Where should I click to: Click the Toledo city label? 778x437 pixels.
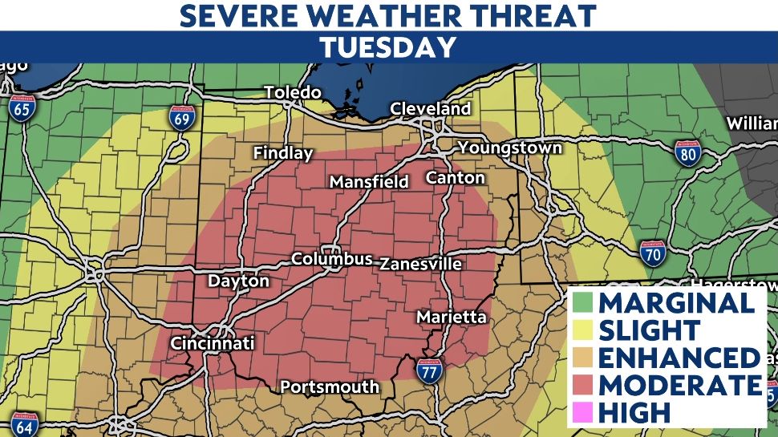(293, 92)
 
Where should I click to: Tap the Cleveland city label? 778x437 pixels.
(430, 108)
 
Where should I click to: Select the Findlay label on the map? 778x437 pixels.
(282, 152)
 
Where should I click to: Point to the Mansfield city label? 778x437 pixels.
(369, 182)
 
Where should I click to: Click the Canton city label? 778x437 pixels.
(455, 177)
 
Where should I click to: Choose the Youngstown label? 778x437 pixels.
(509, 148)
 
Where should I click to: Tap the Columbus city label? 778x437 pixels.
(331, 259)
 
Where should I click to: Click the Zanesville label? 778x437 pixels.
(420, 264)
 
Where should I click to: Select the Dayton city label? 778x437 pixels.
(238, 281)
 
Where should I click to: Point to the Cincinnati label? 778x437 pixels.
(212, 343)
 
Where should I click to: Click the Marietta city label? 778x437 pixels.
(451, 318)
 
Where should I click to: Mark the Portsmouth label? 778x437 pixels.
(329, 387)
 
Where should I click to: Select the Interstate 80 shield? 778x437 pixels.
(687, 153)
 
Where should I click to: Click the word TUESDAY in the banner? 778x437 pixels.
(388, 47)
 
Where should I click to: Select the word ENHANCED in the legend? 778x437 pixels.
(679, 357)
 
